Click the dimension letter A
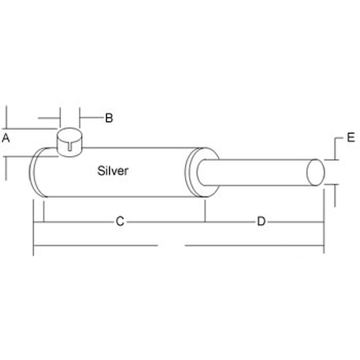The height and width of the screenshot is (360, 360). pyautogui.click(x=5, y=138)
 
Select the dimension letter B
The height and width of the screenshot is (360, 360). pyautogui.click(x=109, y=118)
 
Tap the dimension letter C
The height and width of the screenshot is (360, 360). pyautogui.click(x=120, y=221)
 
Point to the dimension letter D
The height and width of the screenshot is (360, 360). pyautogui.click(x=261, y=221)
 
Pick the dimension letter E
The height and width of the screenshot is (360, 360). pyautogui.click(x=351, y=138)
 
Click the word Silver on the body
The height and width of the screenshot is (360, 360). pyautogui.click(x=113, y=171)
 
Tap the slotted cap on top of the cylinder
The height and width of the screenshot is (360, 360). pyautogui.click(x=70, y=142)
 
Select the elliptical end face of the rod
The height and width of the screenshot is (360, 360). pyautogui.click(x=315, y=172)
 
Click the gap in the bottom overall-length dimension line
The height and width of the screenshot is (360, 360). pyautogui.click(x=171, y=246)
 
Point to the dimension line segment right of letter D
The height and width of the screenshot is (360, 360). pyautogui.click(x=295, y=222)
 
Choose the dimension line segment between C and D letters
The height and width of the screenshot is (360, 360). pyautogui.click(x=191, y=222)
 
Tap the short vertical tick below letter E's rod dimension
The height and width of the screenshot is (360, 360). pyautogui.click(x=336, y=196)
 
